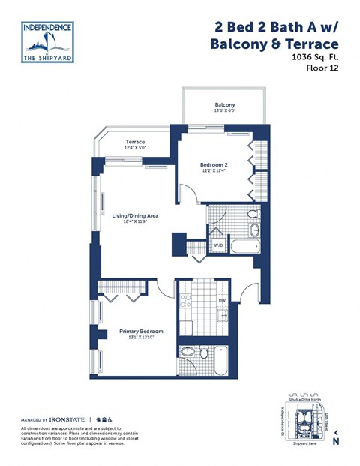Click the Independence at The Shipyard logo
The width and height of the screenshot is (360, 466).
point(47,41)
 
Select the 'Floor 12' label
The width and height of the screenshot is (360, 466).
point(321,70)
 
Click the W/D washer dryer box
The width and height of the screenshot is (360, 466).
point(218,245)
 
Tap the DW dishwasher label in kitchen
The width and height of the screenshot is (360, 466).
point(222,302)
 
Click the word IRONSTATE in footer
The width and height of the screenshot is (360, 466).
point(68,418)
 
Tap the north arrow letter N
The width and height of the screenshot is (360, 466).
point(336,443)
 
